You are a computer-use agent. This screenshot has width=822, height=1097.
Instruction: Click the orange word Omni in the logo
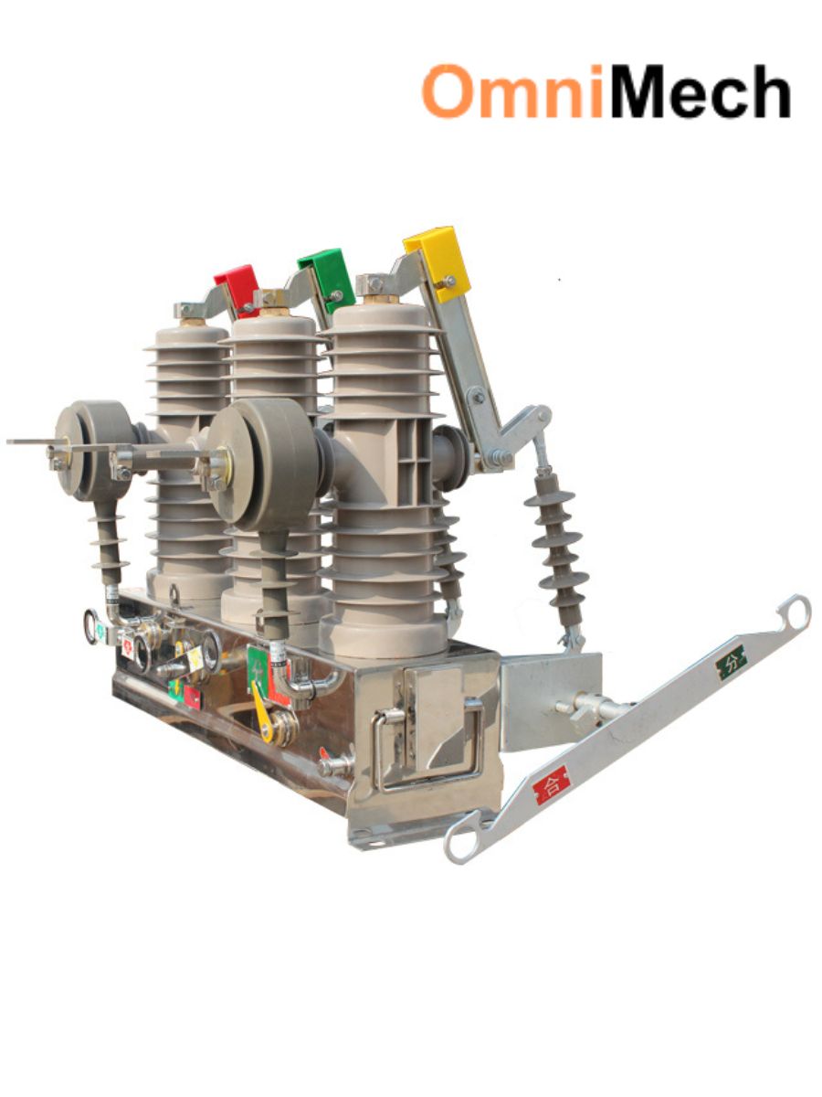point(512,91)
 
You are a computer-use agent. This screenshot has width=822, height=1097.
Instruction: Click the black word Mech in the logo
point(699,91)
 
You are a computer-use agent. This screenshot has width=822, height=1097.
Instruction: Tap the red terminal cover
point(238,285)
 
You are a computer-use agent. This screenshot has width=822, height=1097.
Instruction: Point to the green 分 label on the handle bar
point(731,661)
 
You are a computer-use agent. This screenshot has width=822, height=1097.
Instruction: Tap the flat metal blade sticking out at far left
point(32,442)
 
